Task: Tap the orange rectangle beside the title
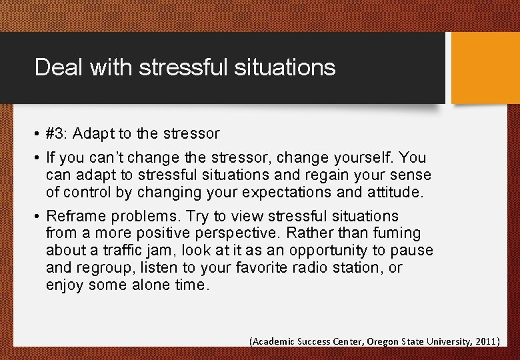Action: pos(485,68)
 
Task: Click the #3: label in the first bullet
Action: pos(57,134)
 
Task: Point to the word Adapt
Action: pos(91,134)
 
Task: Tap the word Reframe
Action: pos(73,216)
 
